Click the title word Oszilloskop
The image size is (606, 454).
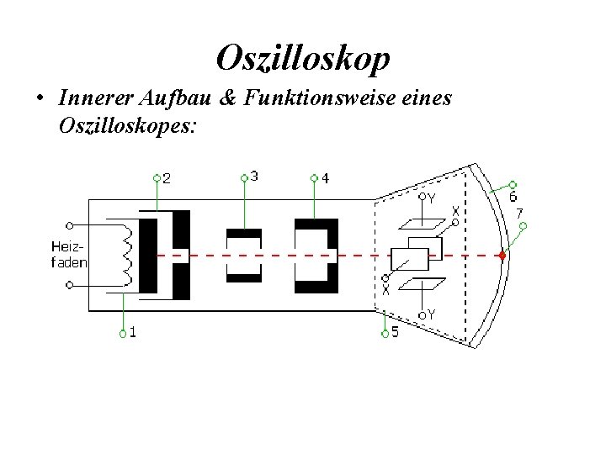point(303,58)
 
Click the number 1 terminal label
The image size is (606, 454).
point(134,331)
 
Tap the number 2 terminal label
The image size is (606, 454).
point(167,178)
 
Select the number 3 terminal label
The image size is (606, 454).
point(254,176)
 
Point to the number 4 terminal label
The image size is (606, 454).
point(325,178)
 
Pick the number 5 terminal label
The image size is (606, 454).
point(395,332)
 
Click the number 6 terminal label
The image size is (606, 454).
point(513,197)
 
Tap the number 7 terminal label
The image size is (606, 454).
point(519,213)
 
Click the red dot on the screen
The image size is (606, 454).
point(502,255)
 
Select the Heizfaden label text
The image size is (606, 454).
point(67,254)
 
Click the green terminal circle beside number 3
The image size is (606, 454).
point(244,178)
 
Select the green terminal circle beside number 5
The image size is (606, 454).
point(384,334)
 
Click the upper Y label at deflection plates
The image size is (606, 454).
point(431,198)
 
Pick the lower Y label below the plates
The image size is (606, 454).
point(431,314)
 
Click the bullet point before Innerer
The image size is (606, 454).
point(40,99)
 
